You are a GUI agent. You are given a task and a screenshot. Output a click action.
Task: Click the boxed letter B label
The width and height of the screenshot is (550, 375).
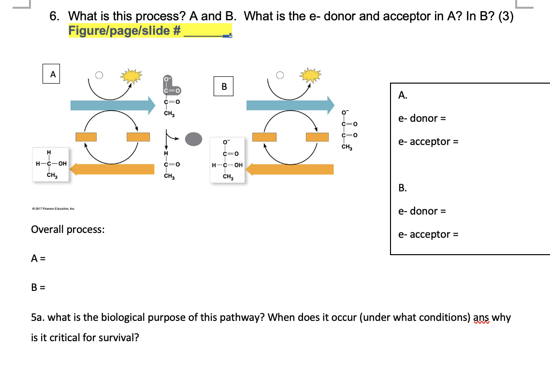[224, 87]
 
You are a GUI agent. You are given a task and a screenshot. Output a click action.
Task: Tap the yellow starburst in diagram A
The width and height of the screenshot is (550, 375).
[132, 75]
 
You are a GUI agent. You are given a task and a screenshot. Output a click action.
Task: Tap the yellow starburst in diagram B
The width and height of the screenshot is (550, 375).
[310, 75]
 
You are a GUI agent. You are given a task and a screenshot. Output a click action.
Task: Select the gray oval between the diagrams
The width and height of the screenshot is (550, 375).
[193, 139]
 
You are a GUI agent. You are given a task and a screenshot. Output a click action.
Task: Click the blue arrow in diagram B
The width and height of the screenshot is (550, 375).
[289, 105]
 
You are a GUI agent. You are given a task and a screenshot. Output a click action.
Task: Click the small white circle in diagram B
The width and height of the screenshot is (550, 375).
[279, 75]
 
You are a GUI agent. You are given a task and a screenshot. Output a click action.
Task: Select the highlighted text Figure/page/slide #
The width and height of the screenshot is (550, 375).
[125, 31]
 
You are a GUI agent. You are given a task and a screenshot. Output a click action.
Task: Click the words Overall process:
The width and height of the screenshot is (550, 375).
[68, 229]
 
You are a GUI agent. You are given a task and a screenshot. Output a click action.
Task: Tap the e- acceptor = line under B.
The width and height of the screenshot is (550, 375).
[428, 234]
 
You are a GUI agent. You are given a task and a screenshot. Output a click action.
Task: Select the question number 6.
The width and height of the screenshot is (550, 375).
[55, 16]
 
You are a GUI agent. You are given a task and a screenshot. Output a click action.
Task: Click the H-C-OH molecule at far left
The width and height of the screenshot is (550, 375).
[50, 164]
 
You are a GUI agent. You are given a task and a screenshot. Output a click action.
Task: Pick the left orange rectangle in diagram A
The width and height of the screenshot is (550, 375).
[86, 137]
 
